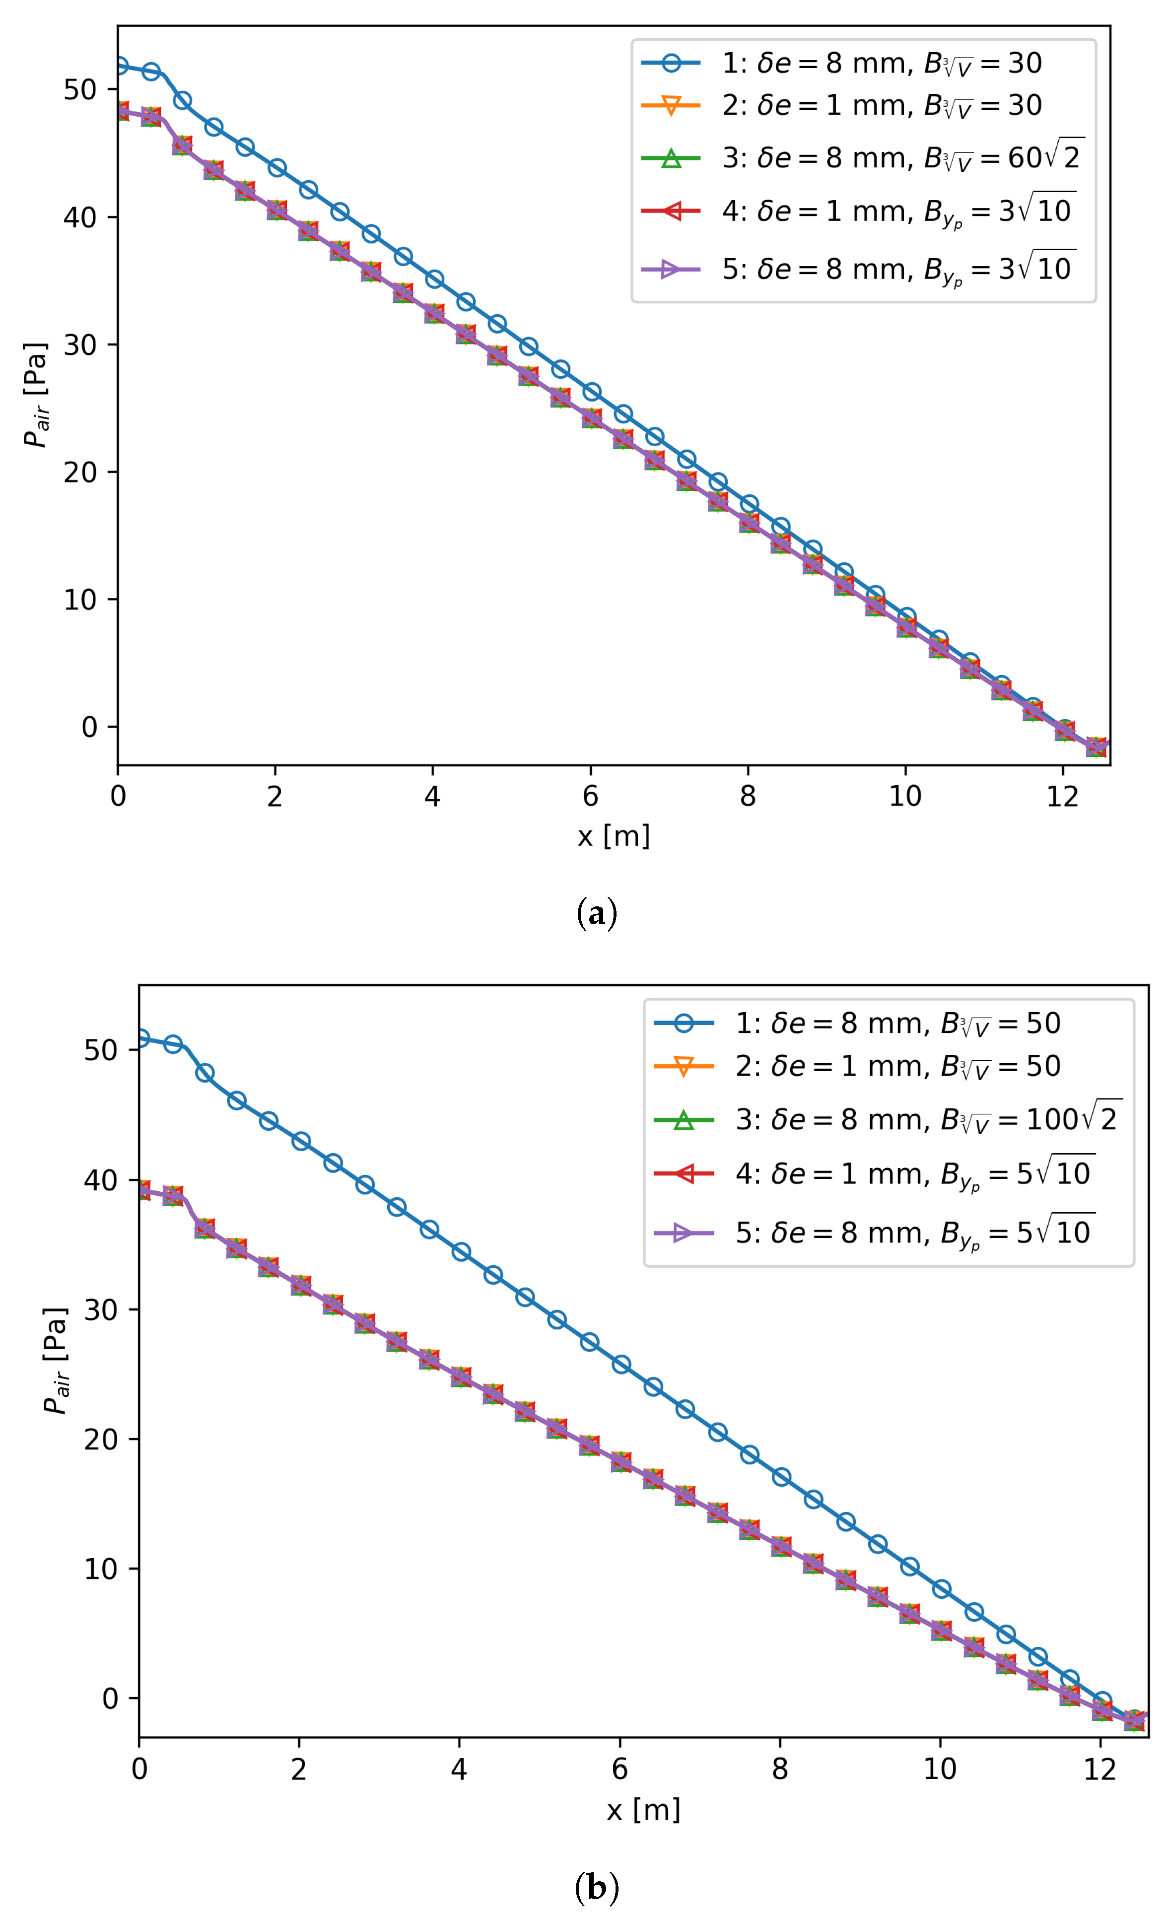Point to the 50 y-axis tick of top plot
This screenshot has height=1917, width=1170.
tap(80, 89)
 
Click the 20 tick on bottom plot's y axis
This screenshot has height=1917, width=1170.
tap(100, 1439)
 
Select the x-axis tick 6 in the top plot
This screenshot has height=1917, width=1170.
tap(590, 796)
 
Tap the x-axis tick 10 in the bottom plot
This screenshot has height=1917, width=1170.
tap(939, 1769)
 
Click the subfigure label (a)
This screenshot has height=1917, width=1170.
tap(597, 913)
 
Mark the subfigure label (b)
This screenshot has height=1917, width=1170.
tap(597, 1887)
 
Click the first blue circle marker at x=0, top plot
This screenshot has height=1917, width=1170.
tap(120, 66)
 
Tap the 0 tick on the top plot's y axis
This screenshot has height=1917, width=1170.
tap(89, 727)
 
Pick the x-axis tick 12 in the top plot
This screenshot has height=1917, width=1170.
tap(1063, 796)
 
